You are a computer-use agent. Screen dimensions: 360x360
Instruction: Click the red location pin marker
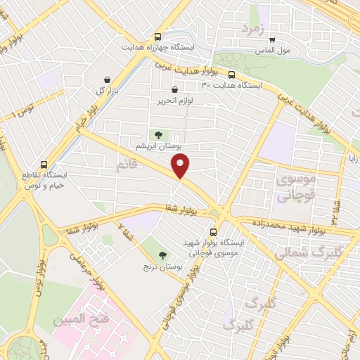[181, 166]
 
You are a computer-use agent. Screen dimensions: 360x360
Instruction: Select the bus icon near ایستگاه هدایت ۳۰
[232, 74]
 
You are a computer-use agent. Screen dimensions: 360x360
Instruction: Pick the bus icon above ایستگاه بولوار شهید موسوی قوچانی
[213, 231]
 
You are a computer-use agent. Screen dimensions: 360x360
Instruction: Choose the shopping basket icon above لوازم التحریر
[174, 89]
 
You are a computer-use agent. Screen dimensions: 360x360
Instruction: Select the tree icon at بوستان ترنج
[163, 255]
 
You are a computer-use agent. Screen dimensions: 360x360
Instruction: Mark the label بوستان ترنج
[161, 267]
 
